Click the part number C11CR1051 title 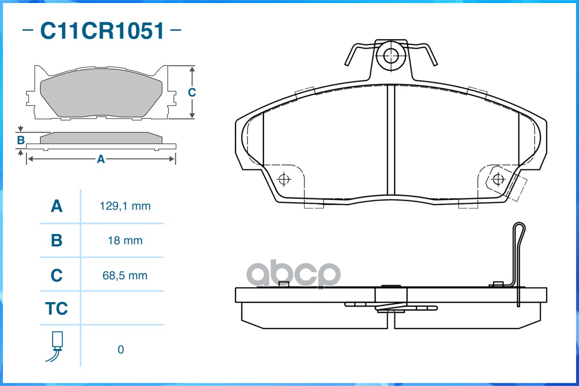[x=102, y=30]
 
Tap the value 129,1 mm [x=125, y=206]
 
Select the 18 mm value [x=125, y=241]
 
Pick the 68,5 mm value [x=125, y=276]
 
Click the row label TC [x=56, y=308]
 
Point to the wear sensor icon [x=56, y=346]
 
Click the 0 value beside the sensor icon [x=121, y=349]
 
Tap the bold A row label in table [x=56, y=206]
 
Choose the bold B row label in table [x=56, y=241]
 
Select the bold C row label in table [x=56, y=276]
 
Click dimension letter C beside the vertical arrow [x=192, y=92]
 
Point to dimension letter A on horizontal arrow [x=101, y=159]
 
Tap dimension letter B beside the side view [x=21, y=140]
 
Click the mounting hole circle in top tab [x=390, y=55]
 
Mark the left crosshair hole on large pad [x=283, y=179]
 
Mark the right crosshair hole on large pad [x=498, y=179]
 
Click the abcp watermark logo [x=294, y=274]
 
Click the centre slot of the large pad [x=391, y=139]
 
